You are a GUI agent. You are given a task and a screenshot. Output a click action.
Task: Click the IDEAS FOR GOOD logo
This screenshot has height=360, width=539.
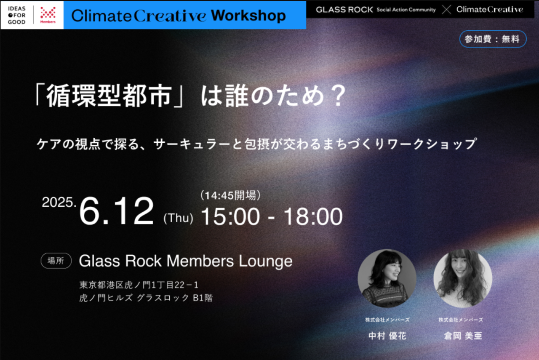tap(16, 15)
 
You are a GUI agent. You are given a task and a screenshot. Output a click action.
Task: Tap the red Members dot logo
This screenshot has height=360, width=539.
tap(48, 15)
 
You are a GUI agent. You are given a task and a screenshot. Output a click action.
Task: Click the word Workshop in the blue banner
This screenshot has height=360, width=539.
tap(248, 16)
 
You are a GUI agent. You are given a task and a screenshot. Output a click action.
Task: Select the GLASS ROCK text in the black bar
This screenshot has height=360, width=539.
tap(344, 10)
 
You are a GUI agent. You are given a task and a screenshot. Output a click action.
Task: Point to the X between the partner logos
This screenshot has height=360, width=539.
tap(446, 10)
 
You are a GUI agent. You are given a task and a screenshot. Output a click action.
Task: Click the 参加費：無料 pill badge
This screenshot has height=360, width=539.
tap(493, 39)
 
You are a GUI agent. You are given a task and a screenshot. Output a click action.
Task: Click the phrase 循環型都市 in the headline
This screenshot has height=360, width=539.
tap(109, 96)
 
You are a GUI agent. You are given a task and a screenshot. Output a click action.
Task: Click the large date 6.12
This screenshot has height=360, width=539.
tap(117, 211)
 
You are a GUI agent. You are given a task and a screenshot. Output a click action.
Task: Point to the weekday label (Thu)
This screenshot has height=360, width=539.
tap(178, 218)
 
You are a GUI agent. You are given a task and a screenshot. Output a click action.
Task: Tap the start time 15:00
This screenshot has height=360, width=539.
tap(230, 216)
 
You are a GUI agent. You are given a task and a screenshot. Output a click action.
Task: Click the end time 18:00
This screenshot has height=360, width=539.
tap(313, 216)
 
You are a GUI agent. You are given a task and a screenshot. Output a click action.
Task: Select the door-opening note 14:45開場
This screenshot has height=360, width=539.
tap(230, 195)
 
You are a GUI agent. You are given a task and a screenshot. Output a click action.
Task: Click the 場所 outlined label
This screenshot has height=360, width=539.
tap(56, 261)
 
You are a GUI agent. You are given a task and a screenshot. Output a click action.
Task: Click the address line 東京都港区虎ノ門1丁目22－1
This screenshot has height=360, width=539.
tap(139, 285)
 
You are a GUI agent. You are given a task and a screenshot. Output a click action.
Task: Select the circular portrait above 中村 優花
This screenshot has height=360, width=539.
tap(387, 278)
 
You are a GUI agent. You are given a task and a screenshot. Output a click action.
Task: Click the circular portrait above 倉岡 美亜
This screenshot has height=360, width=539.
tap(463, 278)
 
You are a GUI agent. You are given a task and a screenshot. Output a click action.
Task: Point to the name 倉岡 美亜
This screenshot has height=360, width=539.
tap(463, 336)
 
